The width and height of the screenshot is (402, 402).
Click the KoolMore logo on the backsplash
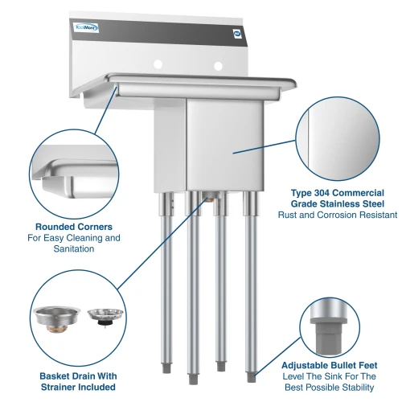click(86, 27)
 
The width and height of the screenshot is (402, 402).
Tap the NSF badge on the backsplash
click(238, 34)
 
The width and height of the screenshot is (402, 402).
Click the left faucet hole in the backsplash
click(158, 64)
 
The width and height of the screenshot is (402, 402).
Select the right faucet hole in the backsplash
click(218, 66)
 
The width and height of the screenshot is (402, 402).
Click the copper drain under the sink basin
click(210, 199)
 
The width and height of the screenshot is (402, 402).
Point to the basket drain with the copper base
click(56, 319)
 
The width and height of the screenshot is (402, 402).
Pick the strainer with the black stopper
click(105, 318)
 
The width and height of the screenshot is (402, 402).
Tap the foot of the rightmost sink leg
click(251, 377)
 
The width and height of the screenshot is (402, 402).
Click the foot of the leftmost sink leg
click(166, 369)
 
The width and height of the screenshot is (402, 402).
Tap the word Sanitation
click(74, 248)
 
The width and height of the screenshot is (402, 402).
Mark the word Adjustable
click(305, 365)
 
